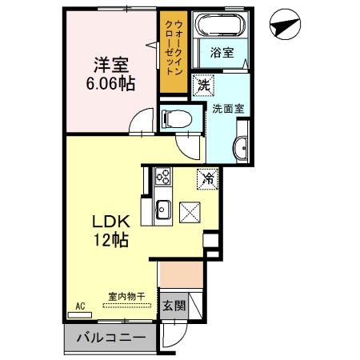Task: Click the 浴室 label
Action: (x=222, y=53)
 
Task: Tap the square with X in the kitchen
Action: (x=191, y=212)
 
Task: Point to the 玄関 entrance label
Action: (x=174, y=306)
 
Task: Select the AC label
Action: (x=81, y=306)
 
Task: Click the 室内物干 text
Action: (x=126, y=297)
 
